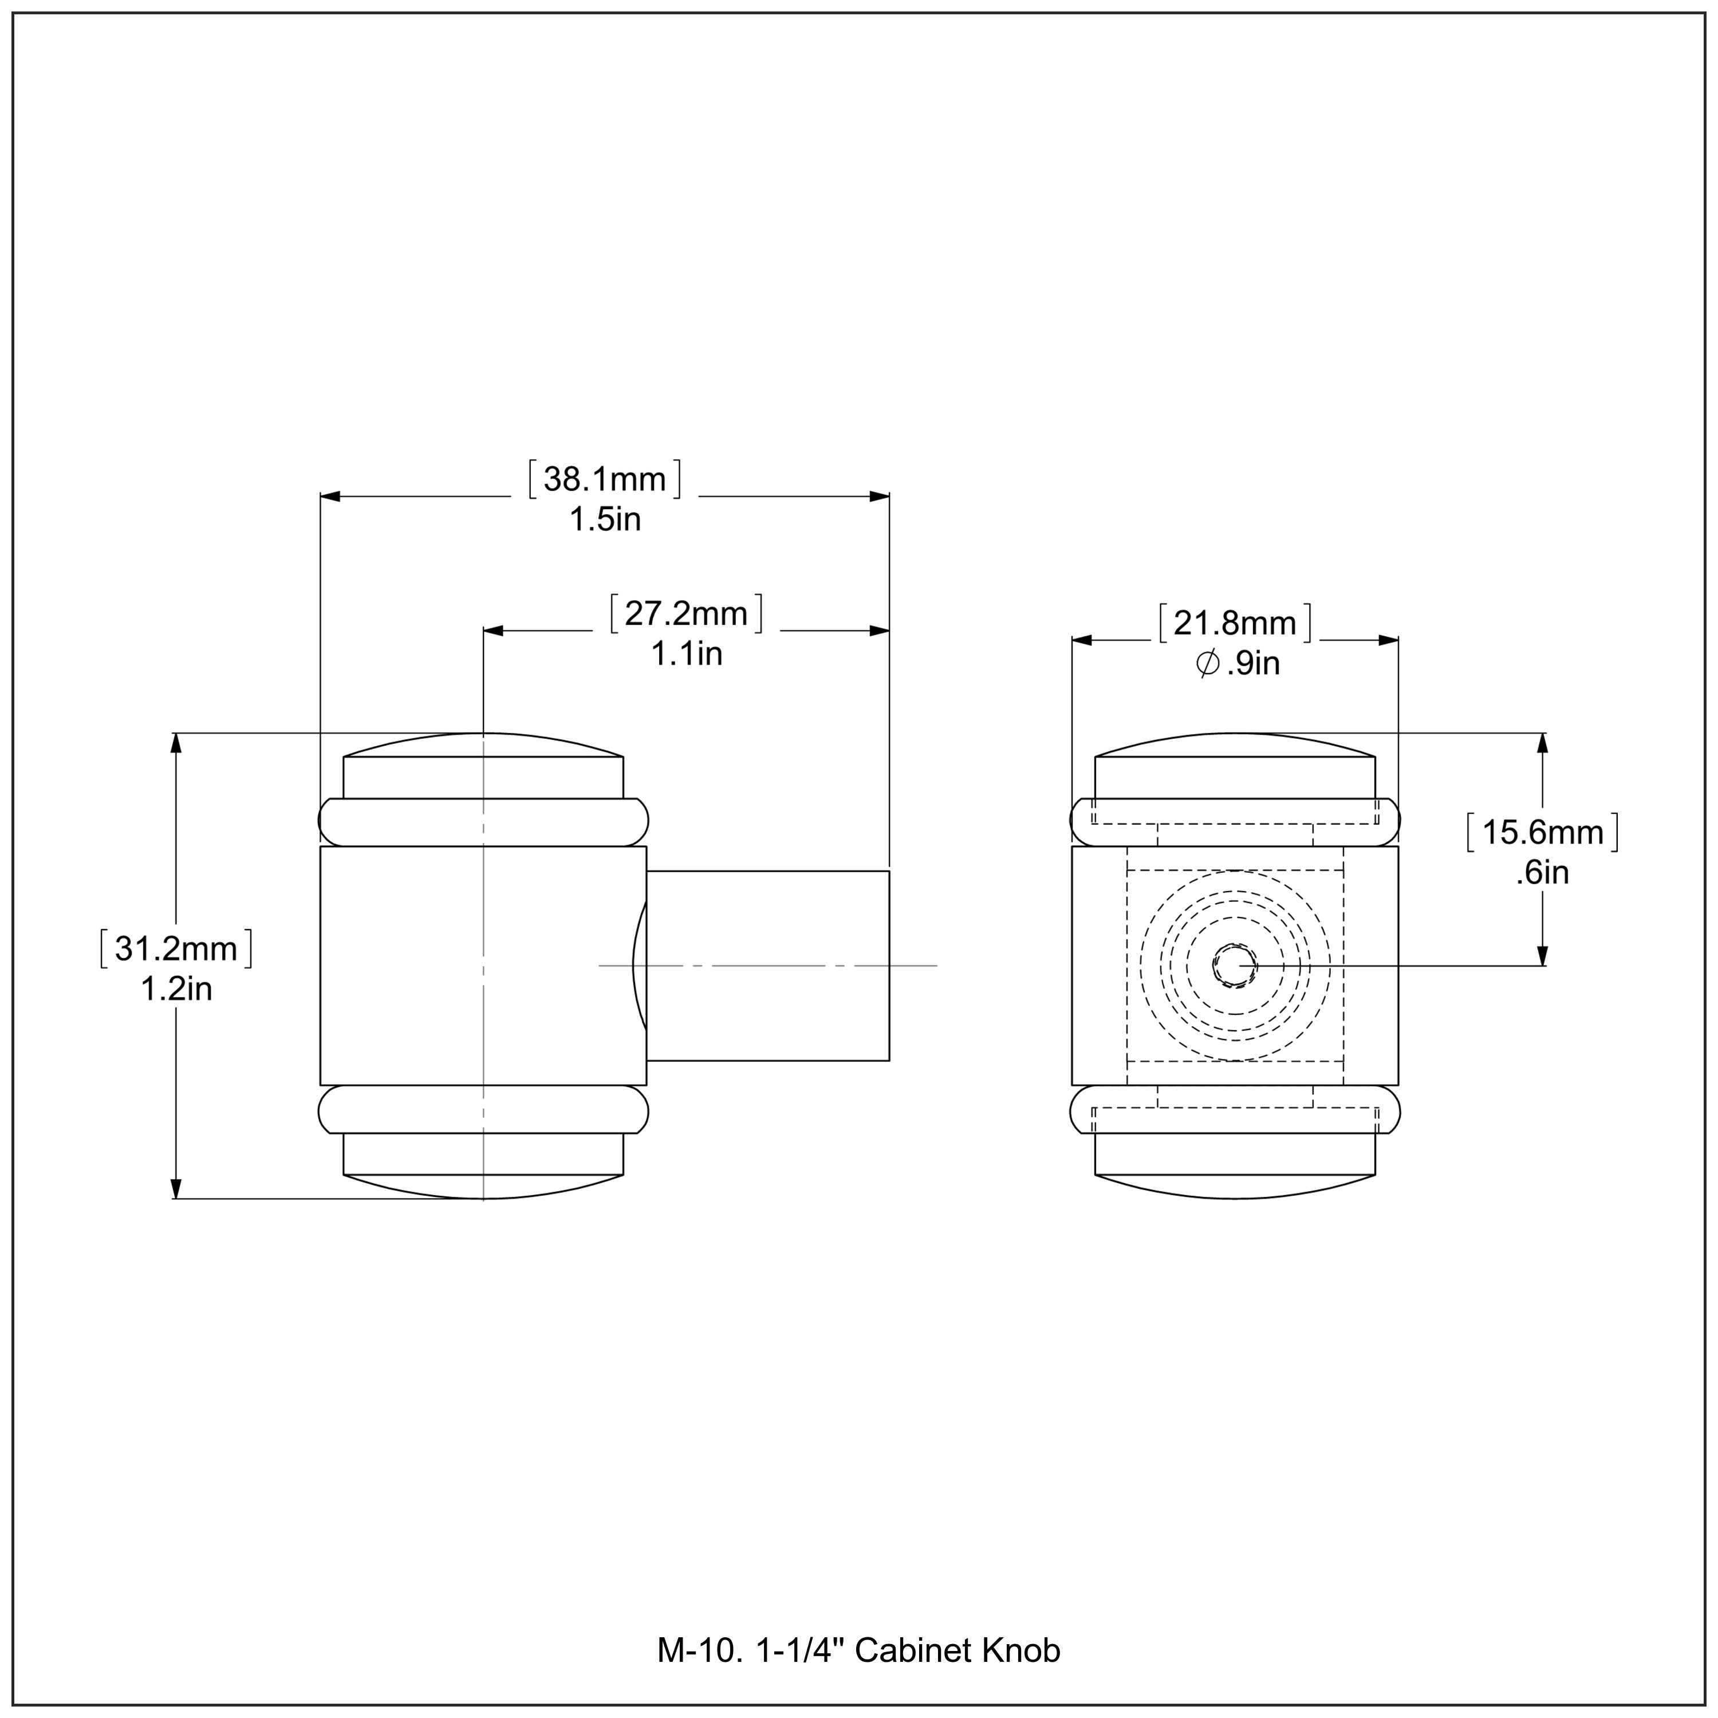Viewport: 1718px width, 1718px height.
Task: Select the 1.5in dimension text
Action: coord(605,519)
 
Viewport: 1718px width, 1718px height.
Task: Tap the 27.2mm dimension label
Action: coord(685,613)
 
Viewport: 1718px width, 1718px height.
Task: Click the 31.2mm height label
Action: coord(176,949)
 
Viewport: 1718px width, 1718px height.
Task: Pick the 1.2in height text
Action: coord(176,989)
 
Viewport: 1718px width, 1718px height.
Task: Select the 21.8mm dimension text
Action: coord(1235,624)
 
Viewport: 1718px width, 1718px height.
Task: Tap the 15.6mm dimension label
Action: coord(1542,832)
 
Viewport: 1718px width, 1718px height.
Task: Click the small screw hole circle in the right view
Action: coord(1234,966)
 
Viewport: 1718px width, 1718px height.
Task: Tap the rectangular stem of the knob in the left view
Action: coord(767,966)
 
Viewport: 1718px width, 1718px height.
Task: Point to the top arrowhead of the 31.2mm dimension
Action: coord(176,743)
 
